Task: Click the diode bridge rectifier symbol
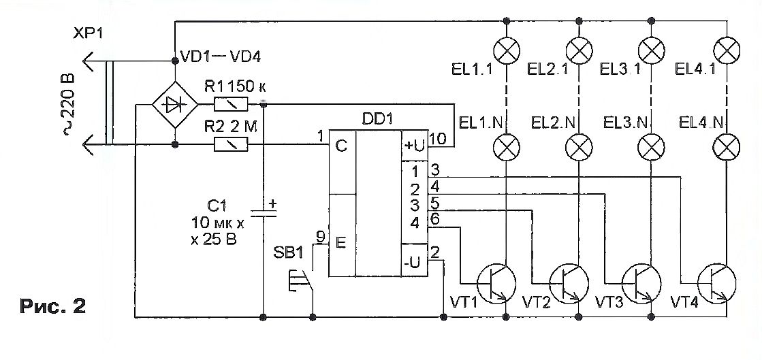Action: pos(174,104)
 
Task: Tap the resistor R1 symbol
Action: pos(231,104)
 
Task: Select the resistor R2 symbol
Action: pos(231,144)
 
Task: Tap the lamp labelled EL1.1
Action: pos(507,50)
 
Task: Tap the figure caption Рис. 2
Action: pos(53,306)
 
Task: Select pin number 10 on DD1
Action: pos(437,139)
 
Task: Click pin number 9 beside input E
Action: pos(320,237)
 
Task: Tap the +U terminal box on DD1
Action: pos(413,145)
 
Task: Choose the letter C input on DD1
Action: pos(342,146)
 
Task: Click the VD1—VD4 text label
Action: pos(220,57)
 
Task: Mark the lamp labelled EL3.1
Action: pos(651,50)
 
